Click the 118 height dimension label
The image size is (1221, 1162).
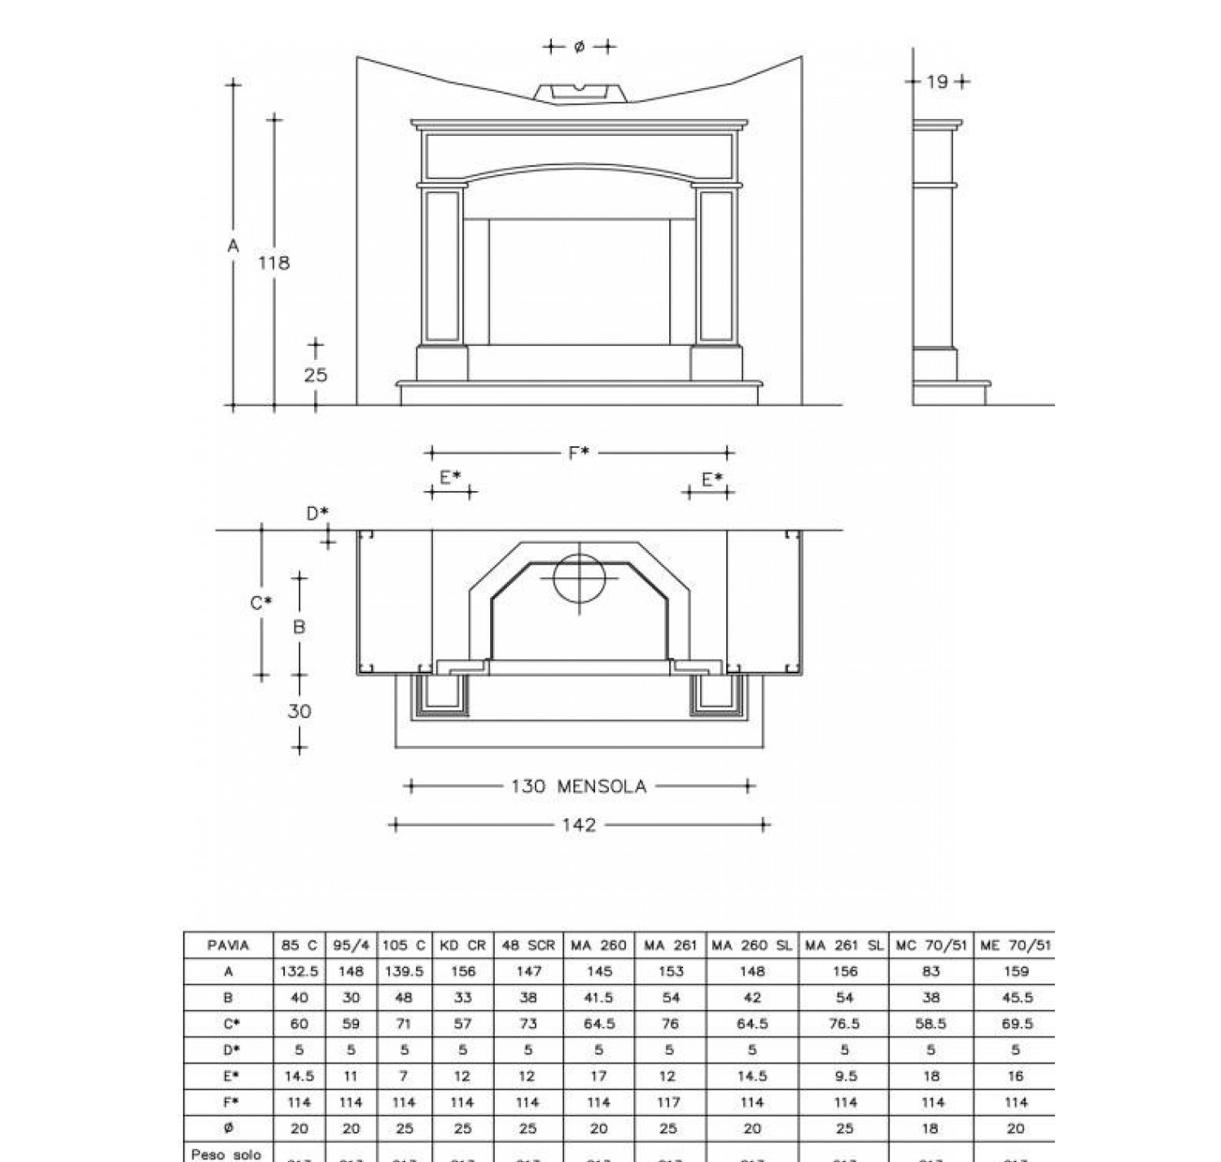click(x=274, y=263)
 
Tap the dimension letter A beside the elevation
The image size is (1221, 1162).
click(x=233, y=245)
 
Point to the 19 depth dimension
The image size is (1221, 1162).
click(x=937, y=81)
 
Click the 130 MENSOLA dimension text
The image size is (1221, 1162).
click(x=578, y=787)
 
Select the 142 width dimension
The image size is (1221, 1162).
click(x=579, y=825)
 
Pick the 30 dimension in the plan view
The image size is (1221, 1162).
click(x=299, y=711)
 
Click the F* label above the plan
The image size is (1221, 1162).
click(x=579, y=453)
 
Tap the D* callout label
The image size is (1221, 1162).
click(x=317, y=513)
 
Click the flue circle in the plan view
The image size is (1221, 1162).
click(x=580, y=579)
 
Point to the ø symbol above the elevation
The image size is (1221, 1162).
click(x=579, y=47)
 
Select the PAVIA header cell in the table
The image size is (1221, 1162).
click(x=228, y=945)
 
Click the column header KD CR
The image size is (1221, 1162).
click(x=462, y=945)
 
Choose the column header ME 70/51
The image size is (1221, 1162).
click(x=1015, y=945)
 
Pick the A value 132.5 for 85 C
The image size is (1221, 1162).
click(x=299, y=971)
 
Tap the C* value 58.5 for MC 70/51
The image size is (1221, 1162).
click(x=930, y=1024)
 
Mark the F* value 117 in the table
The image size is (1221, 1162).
click(x=668, y=1102)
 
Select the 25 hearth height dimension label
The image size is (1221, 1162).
click(x=315, y=375)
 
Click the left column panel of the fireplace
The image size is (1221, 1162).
click(x=442, y=265)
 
